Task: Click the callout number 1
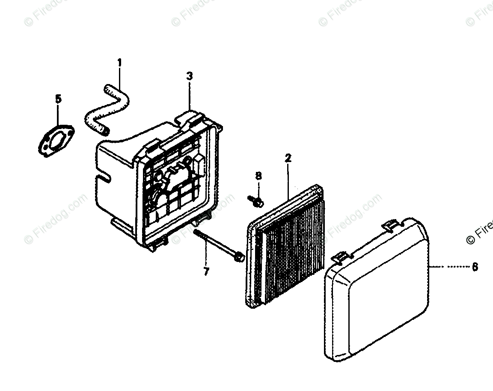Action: pos(119,63)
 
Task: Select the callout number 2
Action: pos(288,158)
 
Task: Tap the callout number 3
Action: pos(190,76)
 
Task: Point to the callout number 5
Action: pos(59,99)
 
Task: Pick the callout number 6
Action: pos(475,267)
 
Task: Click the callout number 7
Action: pos(206,272)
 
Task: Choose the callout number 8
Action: pos(258,176)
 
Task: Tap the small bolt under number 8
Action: pos(256,199)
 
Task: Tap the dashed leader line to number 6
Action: pos(449,267)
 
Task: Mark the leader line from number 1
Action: pos(120,79)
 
